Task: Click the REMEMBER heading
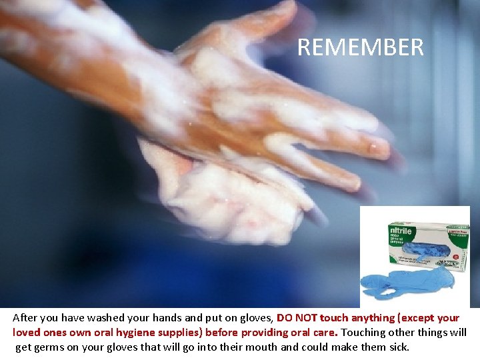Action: point(360,47)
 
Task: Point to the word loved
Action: point(27,332)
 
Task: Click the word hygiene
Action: point(137,332)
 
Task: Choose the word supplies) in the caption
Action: point(181,332)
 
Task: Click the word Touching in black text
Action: point(363,332)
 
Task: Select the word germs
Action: point(47,347)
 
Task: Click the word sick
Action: point(399,347)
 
